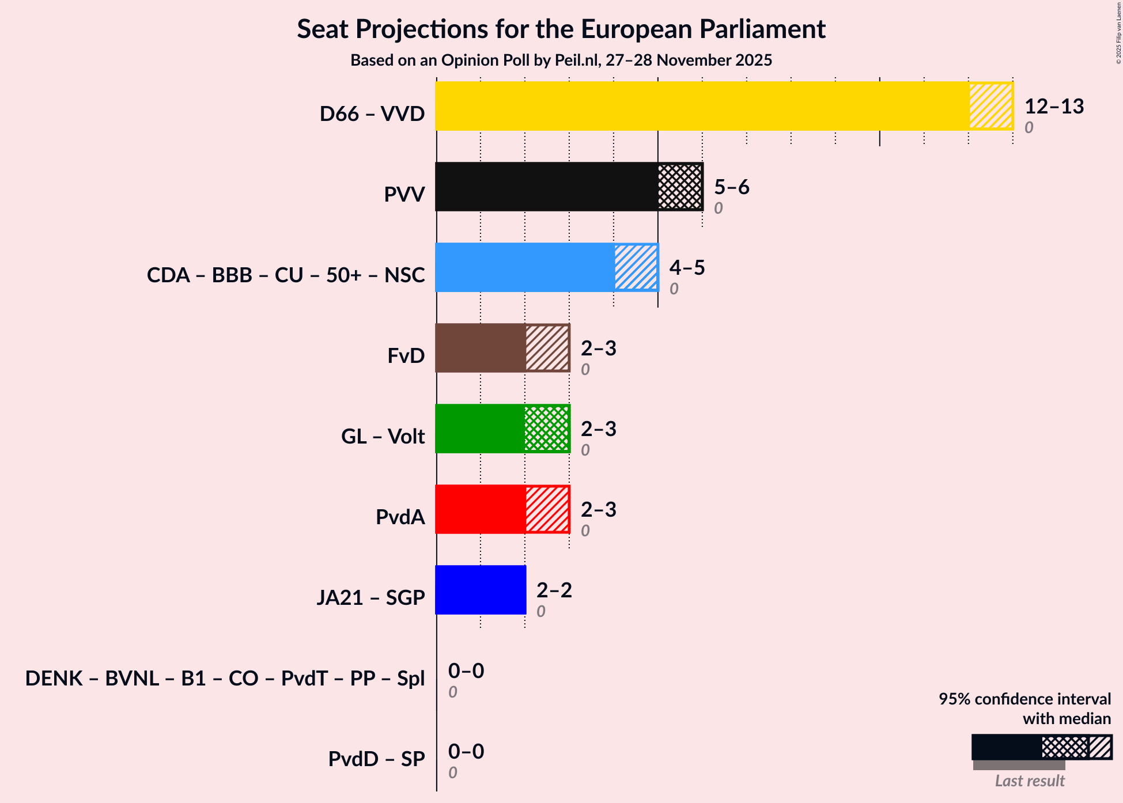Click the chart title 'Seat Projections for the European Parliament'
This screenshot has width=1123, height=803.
point(561,29)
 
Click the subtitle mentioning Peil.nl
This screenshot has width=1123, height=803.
point(561,60)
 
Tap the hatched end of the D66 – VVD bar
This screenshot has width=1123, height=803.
point(990,106)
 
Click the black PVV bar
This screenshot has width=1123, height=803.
point(546,187)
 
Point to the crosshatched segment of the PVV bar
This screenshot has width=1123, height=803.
point(680,187)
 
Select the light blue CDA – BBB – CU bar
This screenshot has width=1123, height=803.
point(524,267)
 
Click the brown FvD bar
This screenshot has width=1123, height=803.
point(480,348)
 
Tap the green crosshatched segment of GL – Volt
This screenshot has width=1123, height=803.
point(547,429)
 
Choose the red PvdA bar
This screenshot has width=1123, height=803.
point(480,509)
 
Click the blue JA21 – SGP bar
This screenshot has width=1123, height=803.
point(481,590)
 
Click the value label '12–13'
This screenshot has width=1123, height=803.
point(1054,107)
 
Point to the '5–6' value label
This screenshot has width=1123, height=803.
point(731,187)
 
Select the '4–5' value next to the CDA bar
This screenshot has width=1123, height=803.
point(687,268)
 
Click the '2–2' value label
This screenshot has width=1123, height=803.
point(554,590)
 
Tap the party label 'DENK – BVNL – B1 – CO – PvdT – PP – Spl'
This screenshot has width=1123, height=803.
point(225,679)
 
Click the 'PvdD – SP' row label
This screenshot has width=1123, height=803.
point(376,759)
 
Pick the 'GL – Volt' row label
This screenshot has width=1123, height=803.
point(383,437)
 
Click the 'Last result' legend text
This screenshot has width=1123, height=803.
point(1030,781)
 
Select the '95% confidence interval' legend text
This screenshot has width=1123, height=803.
point(1024,699)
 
